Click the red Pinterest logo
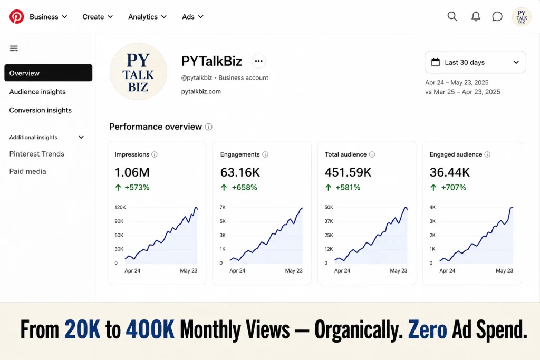pos(16,16)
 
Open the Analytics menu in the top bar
pos(147,17)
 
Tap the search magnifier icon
pos(452,16)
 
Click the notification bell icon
pos(476,16)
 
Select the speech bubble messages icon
pos(497,16)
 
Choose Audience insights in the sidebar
pos(37,92)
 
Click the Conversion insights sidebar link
pos(40,110)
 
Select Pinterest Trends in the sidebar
pos(37,154)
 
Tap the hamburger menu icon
pos(14,48)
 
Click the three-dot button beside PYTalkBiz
pos(258,61)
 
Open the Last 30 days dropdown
pos(475,62)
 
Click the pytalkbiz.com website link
pos(201,92)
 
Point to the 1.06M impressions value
pos(132,172)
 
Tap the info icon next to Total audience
pos(372,154)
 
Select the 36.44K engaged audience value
pos(449,172)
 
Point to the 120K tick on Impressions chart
pos(120,207)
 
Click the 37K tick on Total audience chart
pos(329,221)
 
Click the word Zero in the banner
pos(427,330)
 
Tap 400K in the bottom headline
pos(150,330)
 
